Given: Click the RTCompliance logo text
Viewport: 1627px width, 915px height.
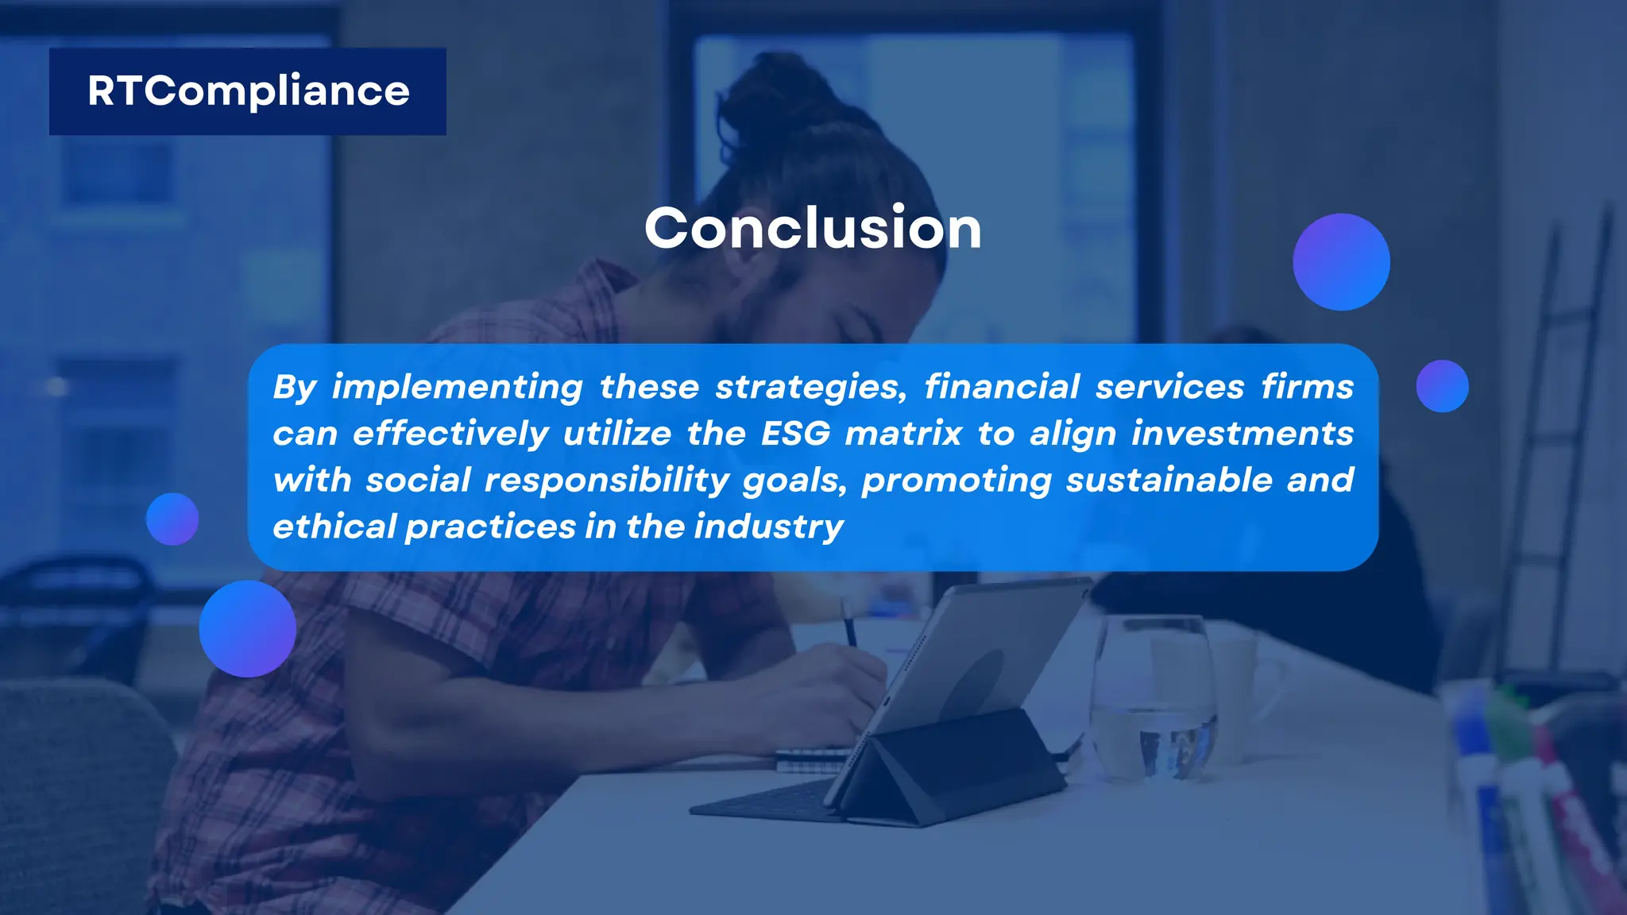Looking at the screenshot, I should tap(248, 91).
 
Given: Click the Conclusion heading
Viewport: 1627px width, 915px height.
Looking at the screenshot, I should tap(813, 229).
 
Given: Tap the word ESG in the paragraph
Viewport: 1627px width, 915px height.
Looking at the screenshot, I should tap(795, 434).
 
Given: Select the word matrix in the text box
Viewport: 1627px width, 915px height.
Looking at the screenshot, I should tap(903, 434).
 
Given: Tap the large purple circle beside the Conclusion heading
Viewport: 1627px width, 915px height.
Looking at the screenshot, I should tap(1341, 262).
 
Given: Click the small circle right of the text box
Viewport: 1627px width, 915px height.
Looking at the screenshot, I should tap(1442, 386).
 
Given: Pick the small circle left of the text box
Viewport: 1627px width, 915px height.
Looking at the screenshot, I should tap(172, 519).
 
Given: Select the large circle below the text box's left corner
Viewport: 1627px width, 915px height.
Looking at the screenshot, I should tap(247, 628).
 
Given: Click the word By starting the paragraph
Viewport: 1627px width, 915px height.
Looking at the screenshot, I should tap(294, 388).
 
